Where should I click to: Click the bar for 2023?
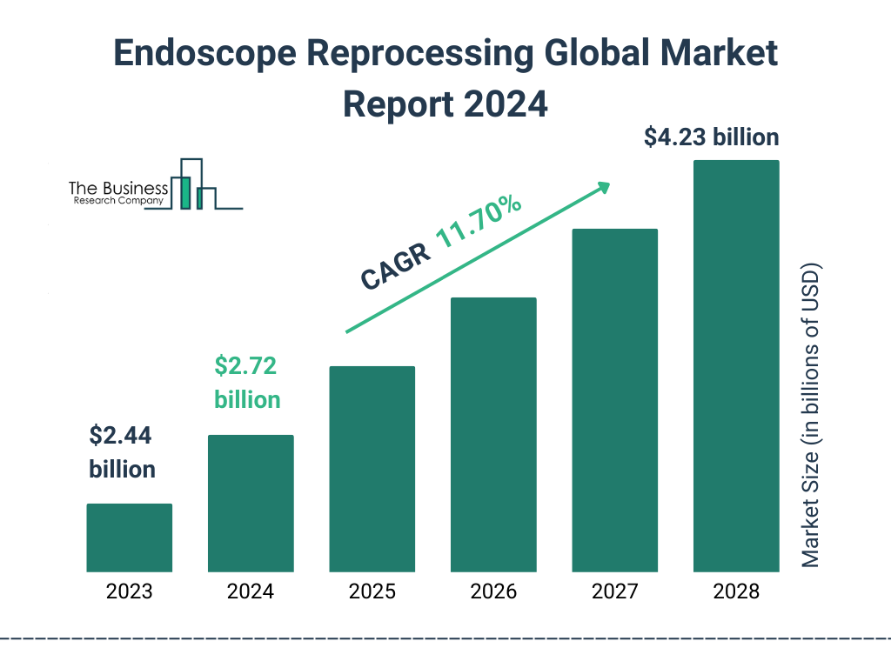point(129,538)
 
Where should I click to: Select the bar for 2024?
point(251,503)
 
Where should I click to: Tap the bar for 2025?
point(372,469)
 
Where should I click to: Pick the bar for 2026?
point(493,434)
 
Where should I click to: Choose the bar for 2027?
point(614,400)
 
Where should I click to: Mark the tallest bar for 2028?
point(736,365)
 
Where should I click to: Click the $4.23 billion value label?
point(711,137)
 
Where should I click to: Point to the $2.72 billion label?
point(247,383)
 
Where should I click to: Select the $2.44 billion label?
point(122,452)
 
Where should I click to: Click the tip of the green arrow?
point(609,184)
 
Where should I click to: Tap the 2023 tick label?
point(129,592)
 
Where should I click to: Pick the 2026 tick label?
point(493,592)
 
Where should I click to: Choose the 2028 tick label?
point(736,592)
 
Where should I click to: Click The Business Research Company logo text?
point(117,193)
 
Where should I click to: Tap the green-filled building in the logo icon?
point(184,192)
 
